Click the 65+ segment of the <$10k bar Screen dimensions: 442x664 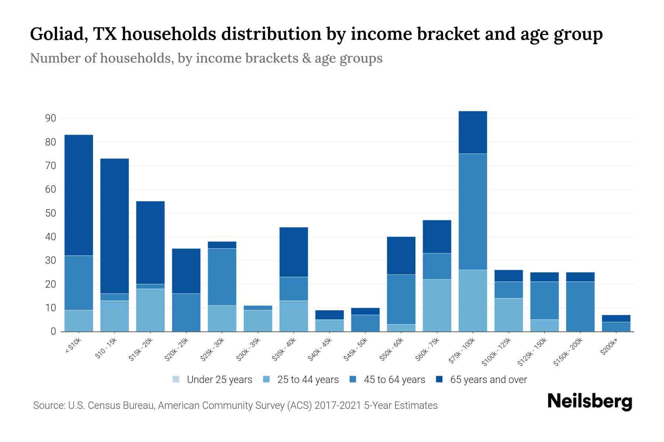pyautogui.click(x=79, y=195)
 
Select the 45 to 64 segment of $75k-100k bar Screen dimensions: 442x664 pyautogui.click(x=473, y=212)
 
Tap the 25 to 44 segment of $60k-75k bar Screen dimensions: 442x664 pyautogui.click(x=437, y=305)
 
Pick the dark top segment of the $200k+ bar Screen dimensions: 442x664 pyautogui.click(x=616, y=318)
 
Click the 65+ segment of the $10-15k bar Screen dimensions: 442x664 pyautogui.click(x=114, y=226)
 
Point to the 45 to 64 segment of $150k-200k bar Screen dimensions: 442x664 pyautogui.click(x=580, y=306)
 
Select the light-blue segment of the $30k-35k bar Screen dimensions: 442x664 pyautogui.click(x=257, y=321)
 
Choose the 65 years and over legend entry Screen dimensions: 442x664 pyautogui.click(x=481, y=380)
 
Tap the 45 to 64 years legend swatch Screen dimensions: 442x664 pyautogui.click(x=353, y=379)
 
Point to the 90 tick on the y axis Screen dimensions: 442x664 pyautogui.click(x=51, y=118)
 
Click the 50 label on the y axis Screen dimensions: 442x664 pyautogui.click(x=51, y=213)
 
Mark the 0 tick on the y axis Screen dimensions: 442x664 pyautogui.click(x=53, y=331)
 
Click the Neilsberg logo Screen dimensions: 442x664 pyautogui.click(x=589, y=401)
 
